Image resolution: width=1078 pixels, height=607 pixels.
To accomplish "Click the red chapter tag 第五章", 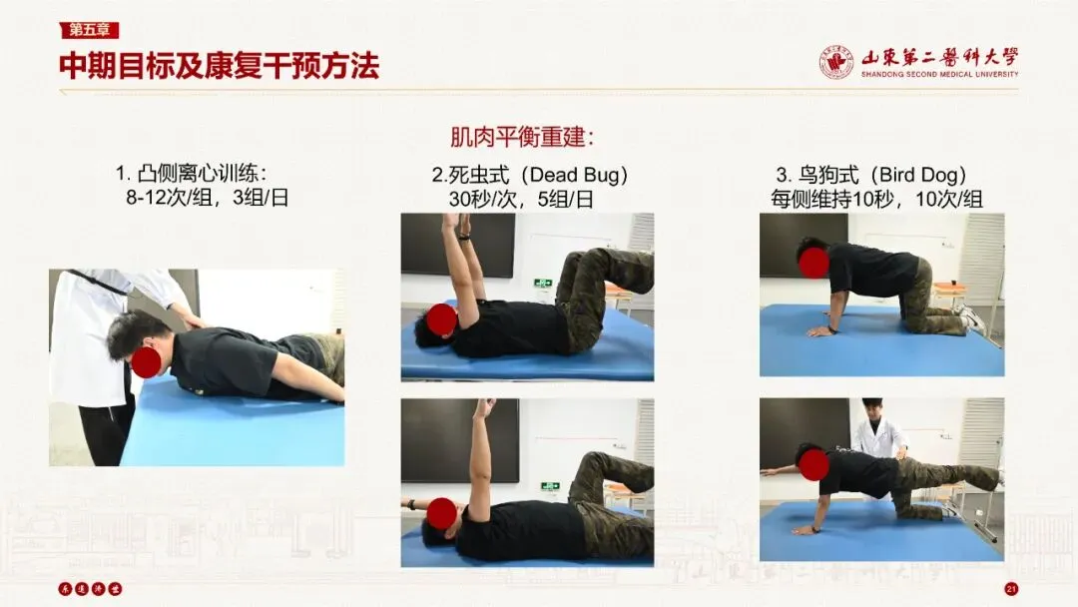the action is (90, 30).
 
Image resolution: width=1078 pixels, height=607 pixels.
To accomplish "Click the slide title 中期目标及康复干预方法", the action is (220, 66).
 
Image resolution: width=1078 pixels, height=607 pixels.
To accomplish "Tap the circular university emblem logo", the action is (836, 63).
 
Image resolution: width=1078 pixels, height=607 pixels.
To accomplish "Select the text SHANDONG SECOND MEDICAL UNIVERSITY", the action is (940, 74).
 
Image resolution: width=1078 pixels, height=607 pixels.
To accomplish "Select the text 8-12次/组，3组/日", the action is (207, 198).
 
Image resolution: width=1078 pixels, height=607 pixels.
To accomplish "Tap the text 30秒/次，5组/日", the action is (520, 200).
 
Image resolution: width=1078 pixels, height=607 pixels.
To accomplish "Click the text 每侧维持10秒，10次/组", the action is (876, 200).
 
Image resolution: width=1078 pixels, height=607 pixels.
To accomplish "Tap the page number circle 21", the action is (1011, 588).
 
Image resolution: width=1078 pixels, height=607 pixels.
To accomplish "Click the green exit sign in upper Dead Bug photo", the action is (543, 283).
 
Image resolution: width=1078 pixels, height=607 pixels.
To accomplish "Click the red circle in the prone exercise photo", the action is (147, 362).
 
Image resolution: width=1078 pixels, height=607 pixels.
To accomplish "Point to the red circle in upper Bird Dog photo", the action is (813, 263).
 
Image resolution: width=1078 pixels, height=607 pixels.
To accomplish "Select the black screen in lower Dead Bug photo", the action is (460, 440).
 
